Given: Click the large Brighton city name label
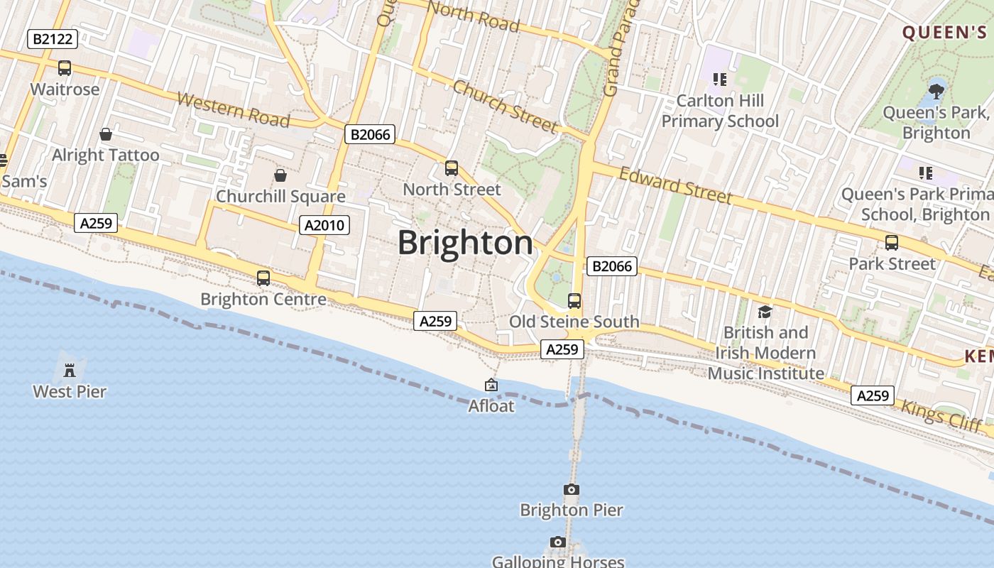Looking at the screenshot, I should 465,243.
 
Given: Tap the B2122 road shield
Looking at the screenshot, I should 52,39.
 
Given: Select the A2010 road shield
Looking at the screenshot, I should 324,226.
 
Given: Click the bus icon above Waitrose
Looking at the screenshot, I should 65,68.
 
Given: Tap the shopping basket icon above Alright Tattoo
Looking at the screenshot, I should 106,134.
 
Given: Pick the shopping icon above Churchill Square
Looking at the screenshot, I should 280,175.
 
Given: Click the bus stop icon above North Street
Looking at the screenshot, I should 452,168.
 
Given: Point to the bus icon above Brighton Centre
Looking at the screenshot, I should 263,278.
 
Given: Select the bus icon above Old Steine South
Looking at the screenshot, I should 574,301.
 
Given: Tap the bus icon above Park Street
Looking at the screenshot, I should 892,243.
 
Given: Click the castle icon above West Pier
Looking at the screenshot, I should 70,370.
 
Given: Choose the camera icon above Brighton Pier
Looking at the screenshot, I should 571,490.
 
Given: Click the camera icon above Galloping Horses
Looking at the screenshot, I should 558,542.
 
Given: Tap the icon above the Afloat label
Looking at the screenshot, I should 491,386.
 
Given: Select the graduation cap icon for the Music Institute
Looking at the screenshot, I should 765,312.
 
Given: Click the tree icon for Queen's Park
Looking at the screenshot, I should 936,90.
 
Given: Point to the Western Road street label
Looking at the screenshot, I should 234,109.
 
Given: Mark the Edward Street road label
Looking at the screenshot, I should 674,185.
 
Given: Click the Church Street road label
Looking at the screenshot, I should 505,106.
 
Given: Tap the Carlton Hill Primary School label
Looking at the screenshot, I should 720,111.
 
